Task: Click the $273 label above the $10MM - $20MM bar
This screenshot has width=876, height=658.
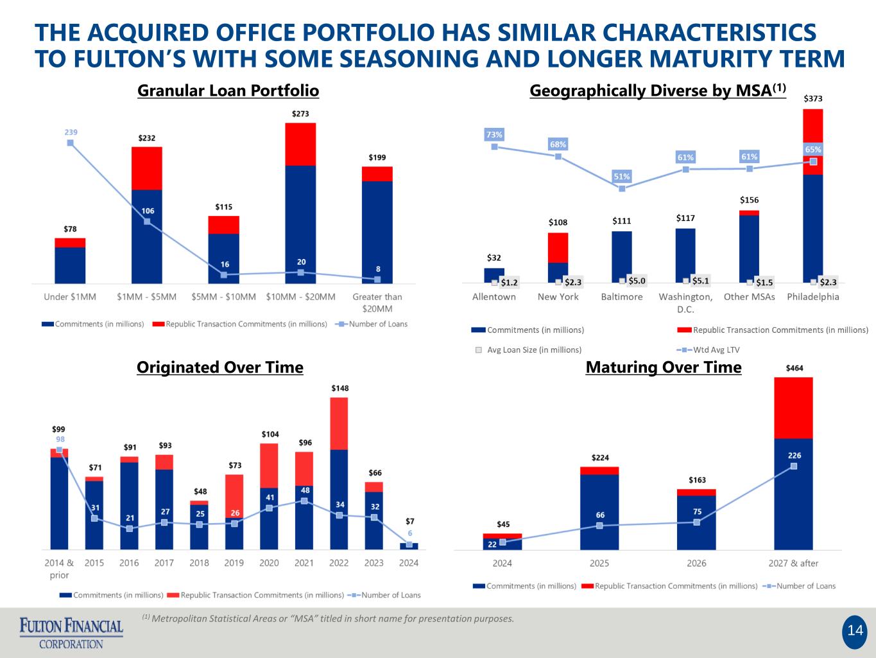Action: (300, 114)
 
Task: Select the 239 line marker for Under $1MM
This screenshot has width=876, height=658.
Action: (70, 143)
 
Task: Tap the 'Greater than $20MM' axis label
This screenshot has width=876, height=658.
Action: (377, 302)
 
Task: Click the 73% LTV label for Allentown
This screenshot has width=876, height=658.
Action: (494, 135)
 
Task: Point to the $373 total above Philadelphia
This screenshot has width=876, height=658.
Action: (813, 99)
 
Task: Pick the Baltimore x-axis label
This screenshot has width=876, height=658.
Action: (622, 297)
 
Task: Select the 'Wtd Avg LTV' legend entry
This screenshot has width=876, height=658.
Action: (709, 350)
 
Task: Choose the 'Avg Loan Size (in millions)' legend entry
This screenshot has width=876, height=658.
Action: (533, 350)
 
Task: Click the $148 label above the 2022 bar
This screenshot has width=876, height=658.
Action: (339, 389)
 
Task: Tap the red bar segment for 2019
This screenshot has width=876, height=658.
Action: (234, 495)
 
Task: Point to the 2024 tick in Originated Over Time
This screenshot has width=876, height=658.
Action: (409, 563)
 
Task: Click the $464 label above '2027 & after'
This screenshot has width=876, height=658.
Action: (794, 368)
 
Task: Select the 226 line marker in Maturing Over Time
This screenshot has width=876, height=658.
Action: (794, 466)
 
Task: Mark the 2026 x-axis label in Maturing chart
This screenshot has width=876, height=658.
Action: (696, 564)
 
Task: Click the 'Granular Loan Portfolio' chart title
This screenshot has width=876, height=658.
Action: (228, 91)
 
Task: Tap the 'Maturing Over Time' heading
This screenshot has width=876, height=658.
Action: (664, 368)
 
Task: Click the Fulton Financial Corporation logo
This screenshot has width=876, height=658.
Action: (71, 632)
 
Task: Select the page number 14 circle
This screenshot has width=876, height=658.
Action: (855, 631)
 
